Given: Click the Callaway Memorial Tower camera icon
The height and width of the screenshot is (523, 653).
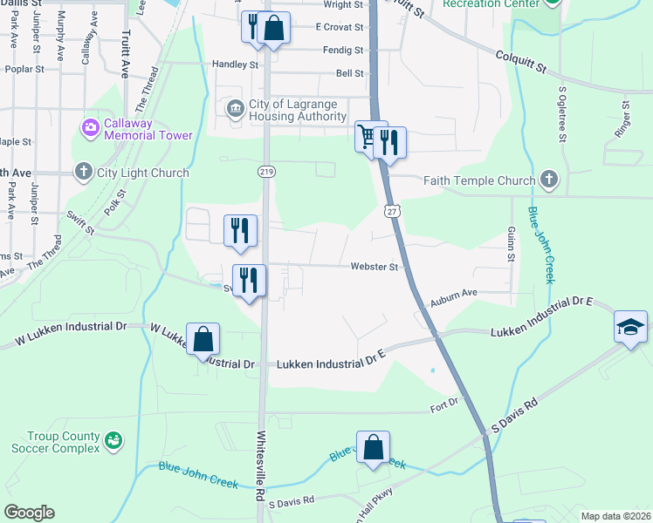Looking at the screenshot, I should point(90,129).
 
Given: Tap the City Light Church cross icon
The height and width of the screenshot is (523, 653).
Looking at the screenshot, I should point(83,172).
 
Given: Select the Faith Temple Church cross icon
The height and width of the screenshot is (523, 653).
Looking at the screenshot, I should point(547,180).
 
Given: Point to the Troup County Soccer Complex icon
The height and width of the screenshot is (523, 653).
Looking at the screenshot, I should point(112,441).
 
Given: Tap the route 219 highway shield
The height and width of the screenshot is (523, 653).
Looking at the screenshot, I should point(265,172).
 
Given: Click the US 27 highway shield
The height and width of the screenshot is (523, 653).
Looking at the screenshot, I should point(391,211).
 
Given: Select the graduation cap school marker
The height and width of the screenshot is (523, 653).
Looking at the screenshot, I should point(629,327).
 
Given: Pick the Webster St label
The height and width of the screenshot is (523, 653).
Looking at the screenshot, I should point(375,267).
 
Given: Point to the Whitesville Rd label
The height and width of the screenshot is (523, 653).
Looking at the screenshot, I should point(260,466).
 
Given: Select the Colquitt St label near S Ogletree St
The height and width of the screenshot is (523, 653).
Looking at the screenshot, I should point(522,65).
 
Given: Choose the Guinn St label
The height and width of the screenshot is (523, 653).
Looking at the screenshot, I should point(511,244).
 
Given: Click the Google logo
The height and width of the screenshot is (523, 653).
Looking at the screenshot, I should point(29,513).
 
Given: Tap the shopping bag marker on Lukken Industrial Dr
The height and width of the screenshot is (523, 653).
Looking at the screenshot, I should point(203,339).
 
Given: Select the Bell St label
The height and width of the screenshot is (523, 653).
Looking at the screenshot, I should point(349,74).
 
